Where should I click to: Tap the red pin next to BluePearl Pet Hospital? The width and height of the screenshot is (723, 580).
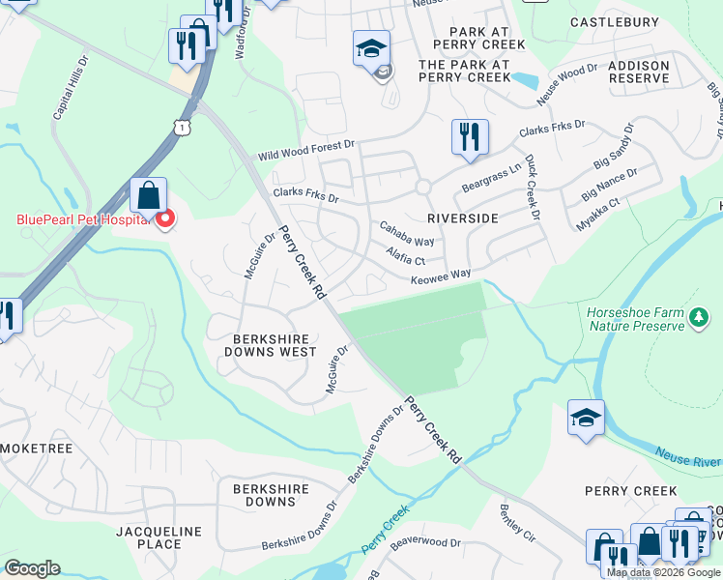pos(164,218)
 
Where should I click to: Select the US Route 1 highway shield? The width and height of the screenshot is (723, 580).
pos(182,127)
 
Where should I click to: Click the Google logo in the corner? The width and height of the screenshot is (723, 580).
pos(32,568)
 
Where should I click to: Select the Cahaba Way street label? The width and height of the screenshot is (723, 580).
pos(406,234)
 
